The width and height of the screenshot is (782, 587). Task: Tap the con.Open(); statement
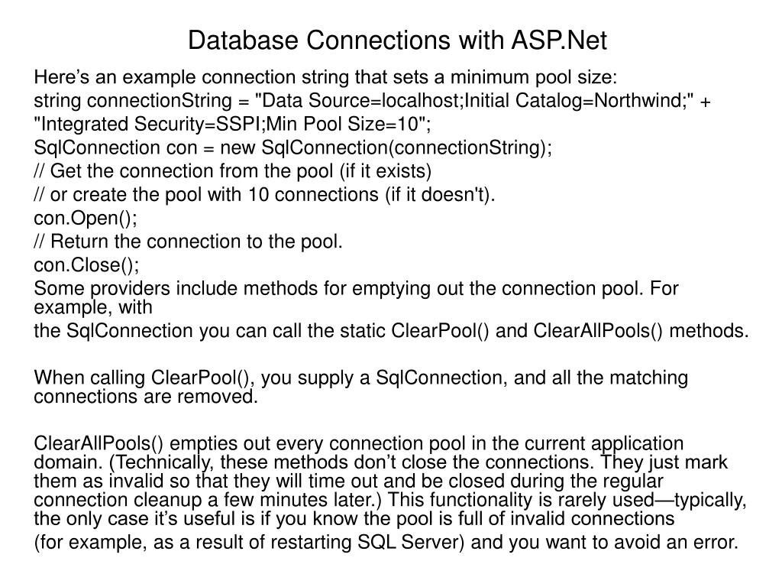[x=86, y=218]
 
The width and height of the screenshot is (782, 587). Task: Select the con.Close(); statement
[x=87, y=265]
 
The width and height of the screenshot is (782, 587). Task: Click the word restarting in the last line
[x=313, y=543]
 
